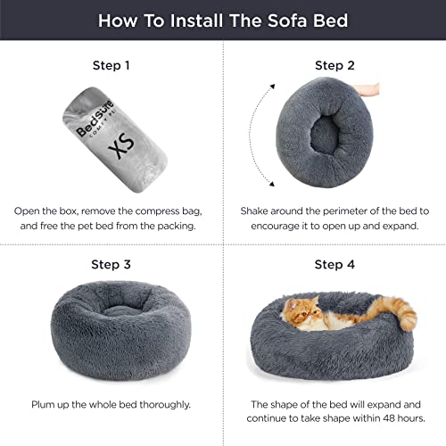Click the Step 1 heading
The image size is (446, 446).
[111, 65]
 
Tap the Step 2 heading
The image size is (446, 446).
[334, 65]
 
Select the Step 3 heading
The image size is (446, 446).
[111, 264]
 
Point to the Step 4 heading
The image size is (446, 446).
[334, 264]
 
